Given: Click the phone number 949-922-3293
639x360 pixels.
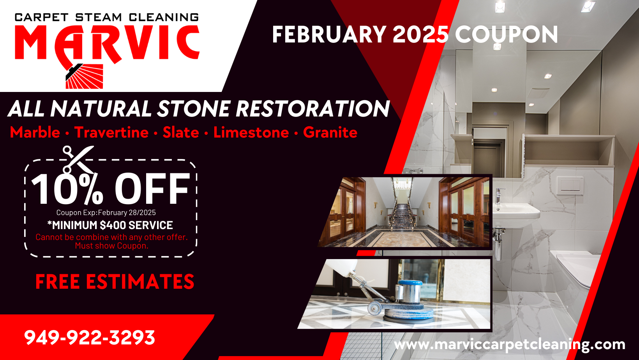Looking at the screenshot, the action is click(x=90, y=337).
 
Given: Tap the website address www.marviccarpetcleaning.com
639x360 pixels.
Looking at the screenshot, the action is click(x=510, y=344).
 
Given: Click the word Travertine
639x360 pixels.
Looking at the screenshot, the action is click(x=111, y=132).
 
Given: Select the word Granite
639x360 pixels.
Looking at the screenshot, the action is click(x=330, y=132).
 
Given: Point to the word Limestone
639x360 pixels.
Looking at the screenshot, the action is click(x=251, y=132).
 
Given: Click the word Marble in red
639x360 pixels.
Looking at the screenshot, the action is click(x=35, y=132).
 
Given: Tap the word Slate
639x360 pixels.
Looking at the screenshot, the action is click(x=181, y=132).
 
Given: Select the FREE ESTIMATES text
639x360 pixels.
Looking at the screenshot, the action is click(x=115, y=282).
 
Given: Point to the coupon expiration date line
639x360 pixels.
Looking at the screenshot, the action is click(x=106, y=212).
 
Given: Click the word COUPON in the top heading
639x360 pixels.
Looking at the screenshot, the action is click(x=506, y=35).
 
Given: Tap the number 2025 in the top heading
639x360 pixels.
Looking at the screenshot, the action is click(x=420, y=35).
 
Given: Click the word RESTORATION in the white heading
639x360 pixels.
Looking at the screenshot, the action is click(x=312, y=108).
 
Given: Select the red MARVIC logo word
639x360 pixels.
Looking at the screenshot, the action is click(x=107, y=43).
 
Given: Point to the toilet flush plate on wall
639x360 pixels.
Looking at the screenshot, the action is click(x=570, y=185).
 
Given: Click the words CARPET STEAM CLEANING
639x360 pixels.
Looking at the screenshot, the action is click(x=107, y=17).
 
